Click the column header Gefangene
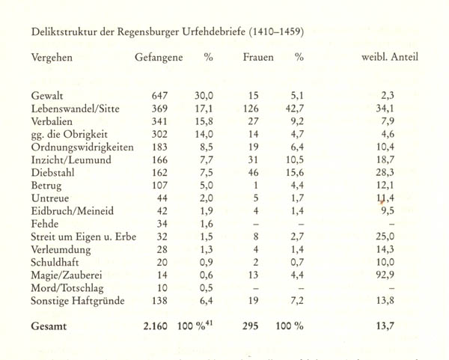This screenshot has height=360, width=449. click(159, 57)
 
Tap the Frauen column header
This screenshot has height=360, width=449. click(258, 57)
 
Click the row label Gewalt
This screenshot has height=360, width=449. click(46, 96)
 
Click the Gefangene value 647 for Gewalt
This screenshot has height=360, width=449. click(160, 96)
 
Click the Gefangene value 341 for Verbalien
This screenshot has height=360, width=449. click(160, 122)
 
